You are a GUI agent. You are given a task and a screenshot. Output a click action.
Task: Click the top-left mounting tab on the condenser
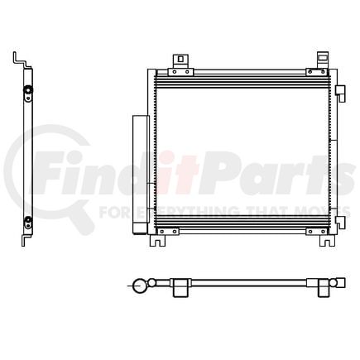(178, 61)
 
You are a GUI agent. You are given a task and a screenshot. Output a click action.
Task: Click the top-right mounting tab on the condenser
(323, 60)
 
